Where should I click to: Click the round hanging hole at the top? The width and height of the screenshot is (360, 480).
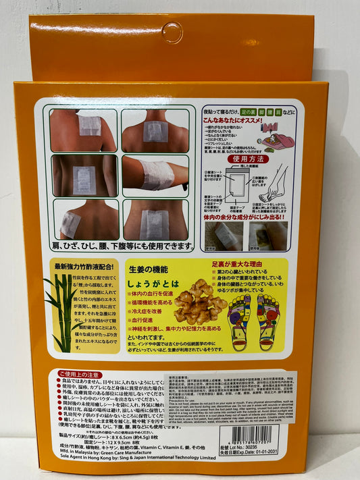point(172,30)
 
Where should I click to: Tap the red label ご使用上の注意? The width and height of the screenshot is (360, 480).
point(79,373)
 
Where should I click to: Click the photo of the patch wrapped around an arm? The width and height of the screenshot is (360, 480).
point(155,176)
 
